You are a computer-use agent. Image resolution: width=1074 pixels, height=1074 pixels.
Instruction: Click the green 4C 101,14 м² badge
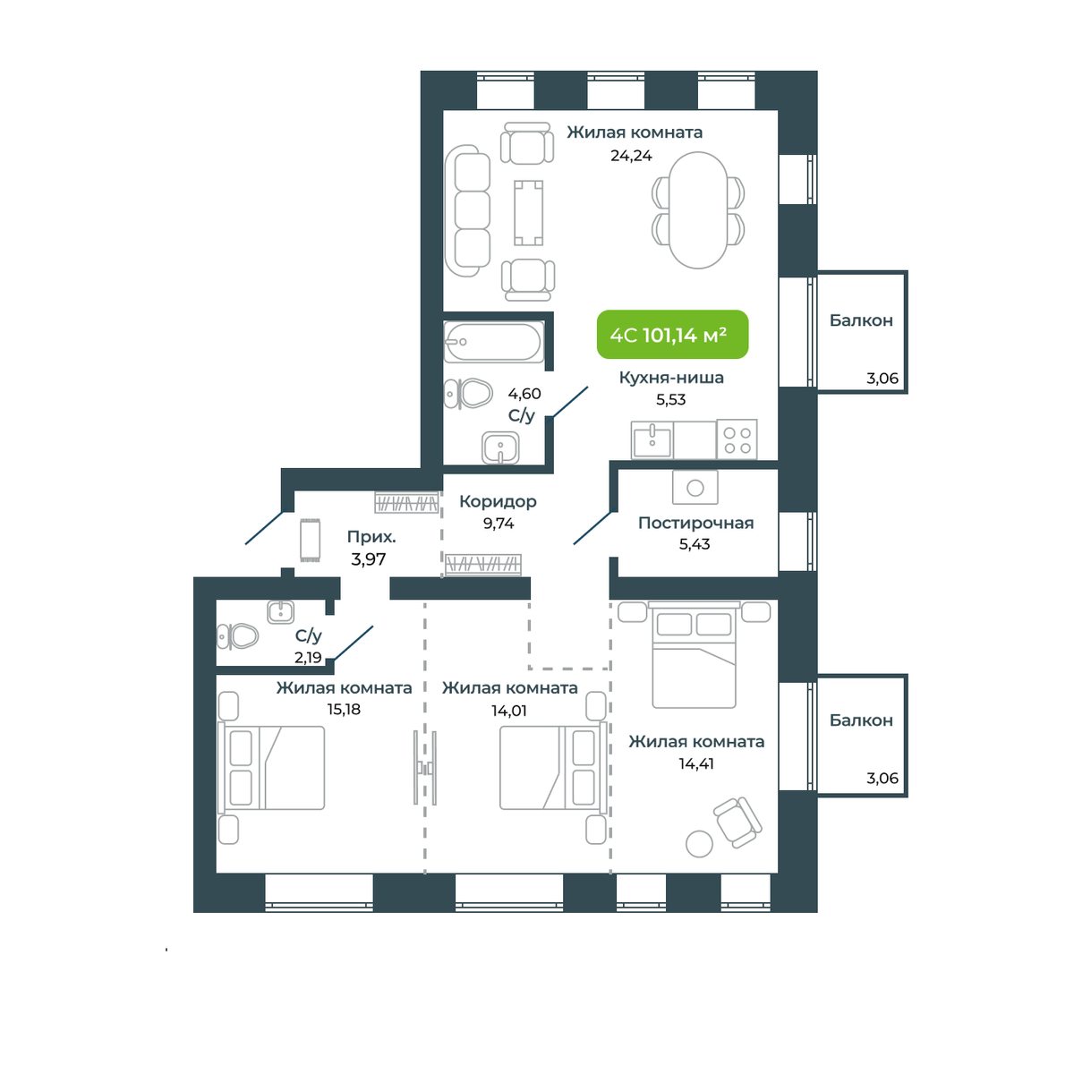pos(671,335)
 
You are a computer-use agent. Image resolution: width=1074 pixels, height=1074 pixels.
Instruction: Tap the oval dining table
pos(698,209)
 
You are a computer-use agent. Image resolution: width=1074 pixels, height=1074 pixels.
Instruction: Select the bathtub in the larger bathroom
pos(494,342)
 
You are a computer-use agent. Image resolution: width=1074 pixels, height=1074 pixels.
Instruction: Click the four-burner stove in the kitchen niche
pos(737,439)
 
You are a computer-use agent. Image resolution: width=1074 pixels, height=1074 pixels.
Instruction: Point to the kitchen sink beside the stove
pos(652,439)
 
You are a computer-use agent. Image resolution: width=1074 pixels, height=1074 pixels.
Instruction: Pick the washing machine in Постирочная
pos(695,487)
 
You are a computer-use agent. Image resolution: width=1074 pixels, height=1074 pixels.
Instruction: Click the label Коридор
pos(498,501)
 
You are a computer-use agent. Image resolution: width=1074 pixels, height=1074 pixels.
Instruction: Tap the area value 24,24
pos(631,156)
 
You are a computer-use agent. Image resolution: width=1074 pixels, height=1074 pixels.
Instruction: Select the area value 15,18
pos(344,709)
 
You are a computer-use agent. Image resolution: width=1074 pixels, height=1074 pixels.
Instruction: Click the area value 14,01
pos(509,711)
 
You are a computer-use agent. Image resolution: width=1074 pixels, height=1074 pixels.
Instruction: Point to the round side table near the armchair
pos(699,843)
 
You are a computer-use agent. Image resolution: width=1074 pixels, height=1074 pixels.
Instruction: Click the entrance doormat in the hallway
pos(310,540)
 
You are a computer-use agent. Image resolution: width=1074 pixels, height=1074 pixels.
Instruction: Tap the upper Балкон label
pos(861,320)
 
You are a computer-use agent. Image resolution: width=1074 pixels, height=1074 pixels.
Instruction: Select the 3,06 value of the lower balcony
pos(882,778)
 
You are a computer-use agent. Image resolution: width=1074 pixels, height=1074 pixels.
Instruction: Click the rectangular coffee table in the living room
pos(528,213)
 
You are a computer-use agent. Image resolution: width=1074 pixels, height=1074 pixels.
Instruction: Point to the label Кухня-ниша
pos(671,378)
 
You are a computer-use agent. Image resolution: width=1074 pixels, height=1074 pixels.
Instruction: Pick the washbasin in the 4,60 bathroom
pos(500,447)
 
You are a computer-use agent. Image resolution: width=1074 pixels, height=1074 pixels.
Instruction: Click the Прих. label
pos(371,537)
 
